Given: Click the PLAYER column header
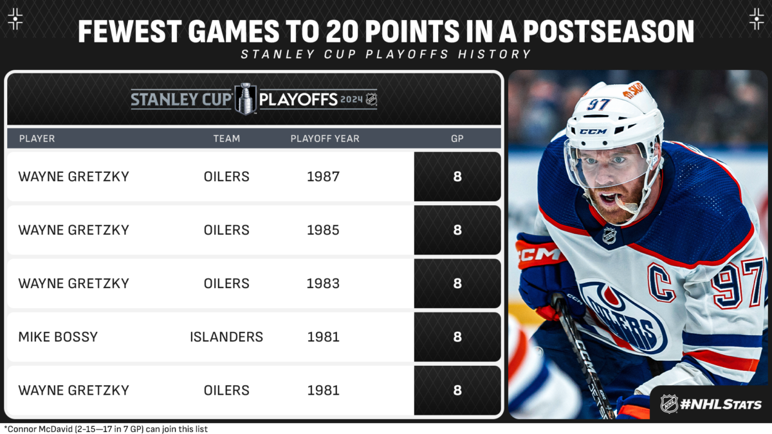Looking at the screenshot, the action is coord(37,138).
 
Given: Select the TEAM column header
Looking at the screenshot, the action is coord(226,138).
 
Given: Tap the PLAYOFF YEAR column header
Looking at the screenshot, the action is coord(325,138).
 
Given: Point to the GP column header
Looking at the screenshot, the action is coord(457,138).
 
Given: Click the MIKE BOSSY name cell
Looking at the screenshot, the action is coord(58,337).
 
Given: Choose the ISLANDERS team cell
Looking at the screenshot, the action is coord(226,337).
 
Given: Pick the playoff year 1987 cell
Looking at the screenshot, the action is coord(323,176).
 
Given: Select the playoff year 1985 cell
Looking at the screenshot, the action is coord(323,230).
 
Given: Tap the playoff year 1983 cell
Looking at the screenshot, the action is coord(323,284).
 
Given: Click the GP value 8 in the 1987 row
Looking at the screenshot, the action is coord(457,176).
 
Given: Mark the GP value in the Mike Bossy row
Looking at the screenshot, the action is coord(457,337).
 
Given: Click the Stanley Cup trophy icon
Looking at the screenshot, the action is coord(245,99).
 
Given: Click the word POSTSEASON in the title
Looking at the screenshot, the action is coord(608,32).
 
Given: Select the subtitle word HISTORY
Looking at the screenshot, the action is coord(494,54).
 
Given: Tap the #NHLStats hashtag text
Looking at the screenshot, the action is coord(721,404).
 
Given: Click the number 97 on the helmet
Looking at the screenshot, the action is coord(599,104).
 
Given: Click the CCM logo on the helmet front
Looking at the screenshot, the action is coord(593,131).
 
